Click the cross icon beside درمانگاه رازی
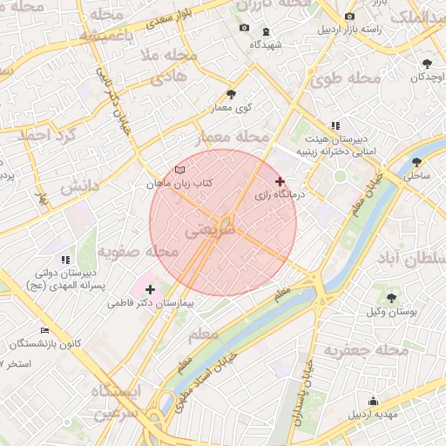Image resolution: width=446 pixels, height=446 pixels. (280, 181)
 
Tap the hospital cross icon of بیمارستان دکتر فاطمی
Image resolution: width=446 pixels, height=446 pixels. (150, 289)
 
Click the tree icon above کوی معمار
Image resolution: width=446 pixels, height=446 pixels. (231, 94)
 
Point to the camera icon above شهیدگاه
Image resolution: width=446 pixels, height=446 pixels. (244, 28)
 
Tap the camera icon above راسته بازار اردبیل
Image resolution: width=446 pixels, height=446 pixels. (349, 17)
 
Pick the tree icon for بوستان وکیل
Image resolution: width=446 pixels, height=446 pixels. (390, 296)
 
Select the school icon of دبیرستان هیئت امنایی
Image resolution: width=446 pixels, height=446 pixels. (335, 125)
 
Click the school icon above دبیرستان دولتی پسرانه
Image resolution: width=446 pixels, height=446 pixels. (65, 260)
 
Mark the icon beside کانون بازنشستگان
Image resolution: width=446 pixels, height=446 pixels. (19, 343)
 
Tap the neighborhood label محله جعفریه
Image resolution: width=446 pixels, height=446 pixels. (366, 350)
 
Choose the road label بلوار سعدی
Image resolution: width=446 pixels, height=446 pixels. (160, 17)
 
